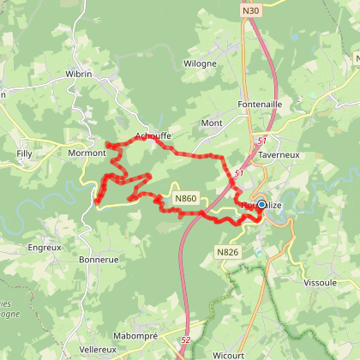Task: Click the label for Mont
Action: click(211, 123)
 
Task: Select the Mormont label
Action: click(86, 153)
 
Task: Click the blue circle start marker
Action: click(261, 204)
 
